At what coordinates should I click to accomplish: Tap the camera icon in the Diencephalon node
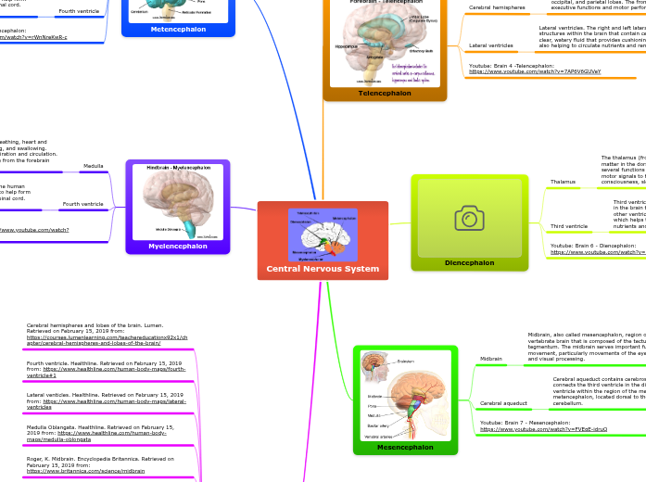tap(469, 218)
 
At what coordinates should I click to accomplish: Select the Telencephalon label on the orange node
tap(385, 93)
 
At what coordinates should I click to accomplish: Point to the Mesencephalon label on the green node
tap(405, 447)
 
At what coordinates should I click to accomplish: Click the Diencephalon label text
tap(469, 262)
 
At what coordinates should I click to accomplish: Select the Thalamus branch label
tap(563, 182)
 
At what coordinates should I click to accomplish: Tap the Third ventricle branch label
tap(568, 226)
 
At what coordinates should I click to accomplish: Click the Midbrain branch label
tap(490, 359)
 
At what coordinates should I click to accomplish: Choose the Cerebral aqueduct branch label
tap(504, 403)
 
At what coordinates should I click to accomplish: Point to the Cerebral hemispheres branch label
tap(497, 7)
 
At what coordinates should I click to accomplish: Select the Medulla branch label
tap(94, 166)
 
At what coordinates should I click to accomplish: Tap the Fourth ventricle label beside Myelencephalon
tap(82, 203)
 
